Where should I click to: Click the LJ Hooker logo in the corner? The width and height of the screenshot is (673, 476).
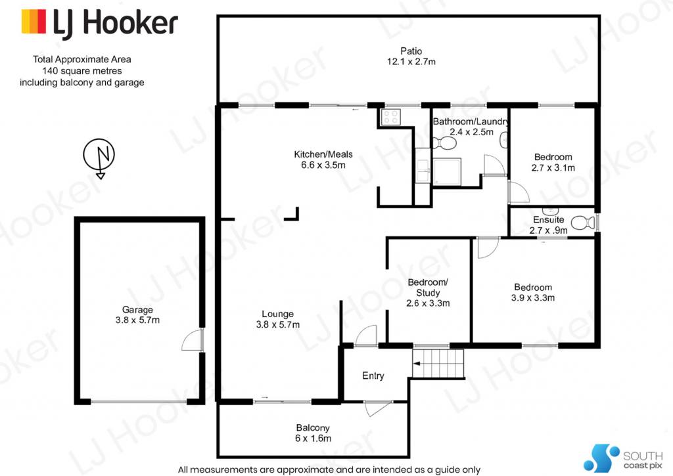(x=100, y=23)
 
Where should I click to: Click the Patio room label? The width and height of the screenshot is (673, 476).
(x=411, y=51)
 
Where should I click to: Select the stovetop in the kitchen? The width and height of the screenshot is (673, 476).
(x=390, y=117)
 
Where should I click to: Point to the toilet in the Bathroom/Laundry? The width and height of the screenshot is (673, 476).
(x=444, y=143)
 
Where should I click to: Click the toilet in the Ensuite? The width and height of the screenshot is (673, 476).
(x=584, y=223)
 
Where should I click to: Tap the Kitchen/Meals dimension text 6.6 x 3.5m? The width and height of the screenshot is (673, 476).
(x=323, y=165)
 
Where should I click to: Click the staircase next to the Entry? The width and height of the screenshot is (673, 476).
(x=438, y=364)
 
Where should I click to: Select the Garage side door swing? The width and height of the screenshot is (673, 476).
(x=192, y=340)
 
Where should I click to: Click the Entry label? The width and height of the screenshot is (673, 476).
(x=373, y=376)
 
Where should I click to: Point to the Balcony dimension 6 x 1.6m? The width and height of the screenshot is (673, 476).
(x=313, y=439)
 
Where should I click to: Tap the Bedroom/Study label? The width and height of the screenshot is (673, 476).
(x=428, y=288)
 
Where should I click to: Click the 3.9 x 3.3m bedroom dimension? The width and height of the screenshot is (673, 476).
(x=532, y=297)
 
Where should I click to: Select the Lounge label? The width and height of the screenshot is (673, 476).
(x=278, y=314)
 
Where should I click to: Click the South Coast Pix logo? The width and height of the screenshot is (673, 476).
(x=623, y=458)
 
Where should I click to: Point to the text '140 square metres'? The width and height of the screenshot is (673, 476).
(x=82, y=71)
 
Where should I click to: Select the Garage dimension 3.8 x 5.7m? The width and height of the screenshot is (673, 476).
(x=137, y=320)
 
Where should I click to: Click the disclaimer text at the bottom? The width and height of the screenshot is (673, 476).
(x=329, y=469)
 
